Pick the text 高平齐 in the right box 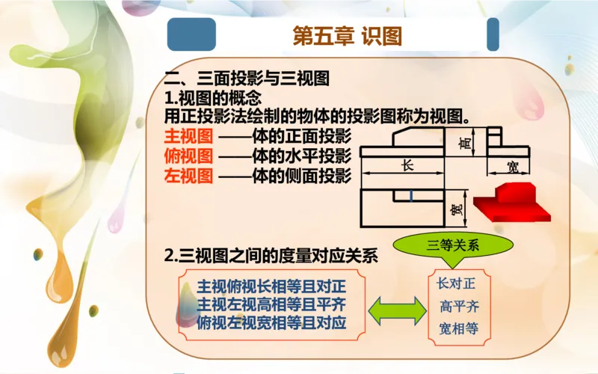pyautogui.click(x=458, y=306)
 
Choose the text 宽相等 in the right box pyautogui.click(x=458, y=328)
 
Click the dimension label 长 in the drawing pyautogui.click(x=407, y=167)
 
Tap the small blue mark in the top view pyautogui.click(x=411, y=197)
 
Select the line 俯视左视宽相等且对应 pyautogui.click(x=272, y=324)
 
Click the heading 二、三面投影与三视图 pyautogui.click(x=247, y=79)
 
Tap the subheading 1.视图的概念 pyautogui.click(x=213, y=98)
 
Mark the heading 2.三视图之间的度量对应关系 pyautogui.click(x=271, y=255)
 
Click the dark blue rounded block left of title pyautogui.click(x=191, y=34)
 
